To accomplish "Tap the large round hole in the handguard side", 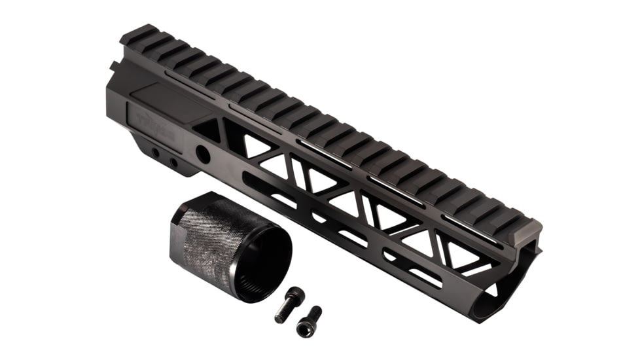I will pyautogui.click(x=204, y=154).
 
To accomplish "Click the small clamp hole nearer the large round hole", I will pyautogui.click(x=174, y=161).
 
